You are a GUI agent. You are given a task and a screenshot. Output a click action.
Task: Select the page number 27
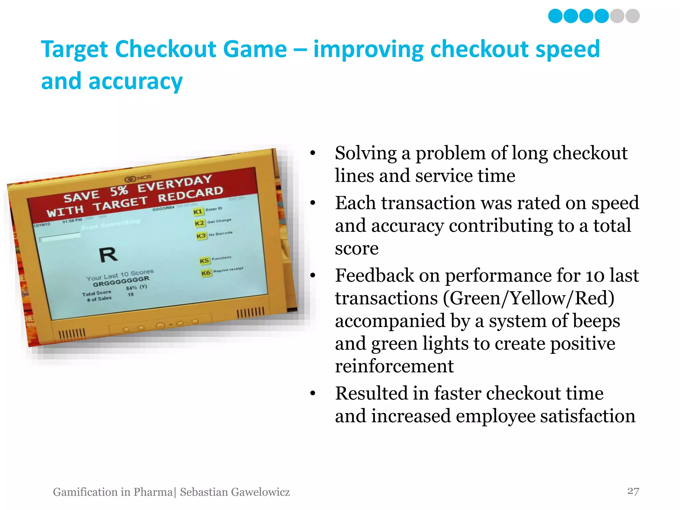pyautogui.click(x=633, y=491)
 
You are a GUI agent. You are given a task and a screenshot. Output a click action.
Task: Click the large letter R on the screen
pyautogui.click(x=108, y=255)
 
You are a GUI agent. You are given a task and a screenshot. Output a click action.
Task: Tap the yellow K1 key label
pyautogui.click(x=198, y=212)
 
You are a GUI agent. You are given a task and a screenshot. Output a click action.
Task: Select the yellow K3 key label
pyautogui.click(x=201, y=236)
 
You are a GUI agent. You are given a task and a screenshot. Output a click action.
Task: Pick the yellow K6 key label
pyautogui.click(x=206, y=273)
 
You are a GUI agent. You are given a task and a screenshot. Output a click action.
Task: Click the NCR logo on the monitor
pyautogui.click(x=138, y=178)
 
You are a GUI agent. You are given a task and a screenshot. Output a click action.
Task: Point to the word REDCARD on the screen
pyautogui.click(x=190, y=194)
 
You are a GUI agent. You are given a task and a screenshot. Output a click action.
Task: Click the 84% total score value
pyautogui.click(x=131, y=288)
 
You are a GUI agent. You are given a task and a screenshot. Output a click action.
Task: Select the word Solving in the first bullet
pyautogui.click(x=366, y=153)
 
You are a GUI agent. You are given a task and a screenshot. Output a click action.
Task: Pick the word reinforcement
pyautogui.click(x=394, y=366)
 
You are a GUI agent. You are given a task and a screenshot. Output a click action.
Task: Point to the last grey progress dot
pyautogui.click(x=633, y=16)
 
